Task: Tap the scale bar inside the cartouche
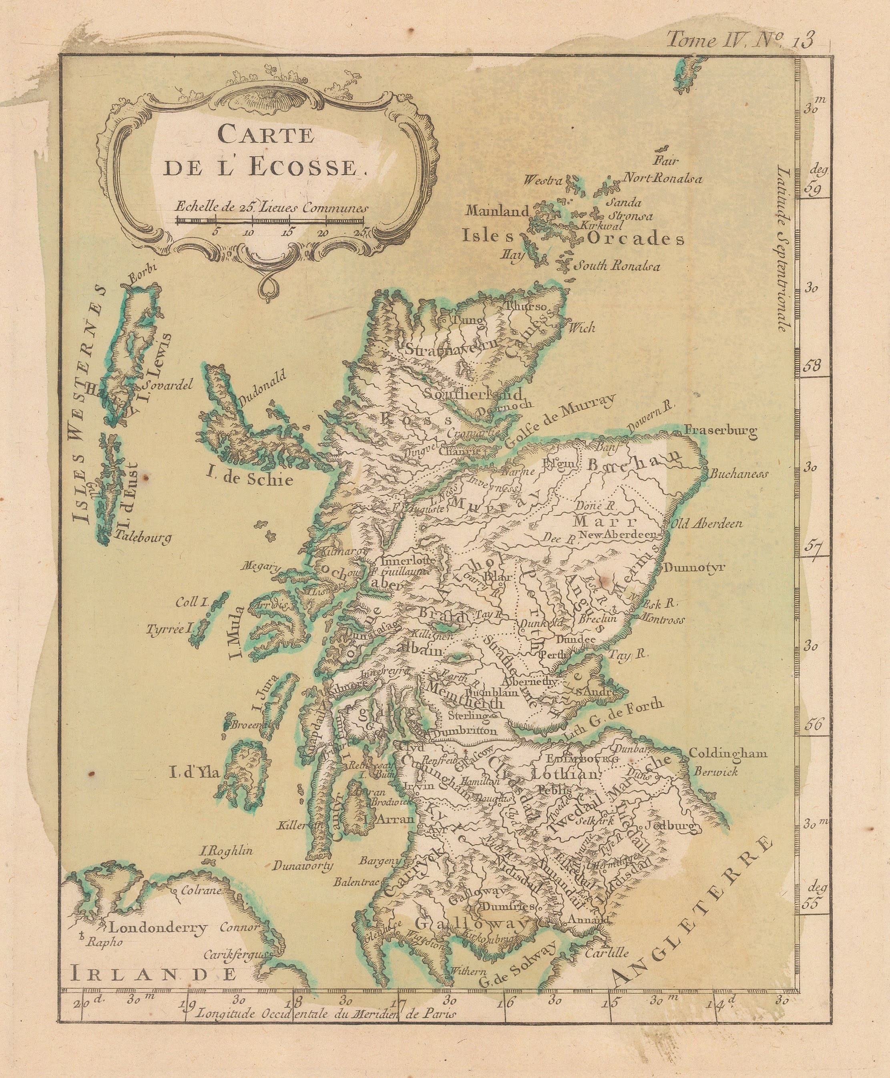(x=270, y=221)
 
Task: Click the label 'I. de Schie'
(x=250, y=479)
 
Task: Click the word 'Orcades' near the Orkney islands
(x=636, y=239)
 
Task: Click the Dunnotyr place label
(x=695, y=568)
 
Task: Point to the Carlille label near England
(x=607, y=953)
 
